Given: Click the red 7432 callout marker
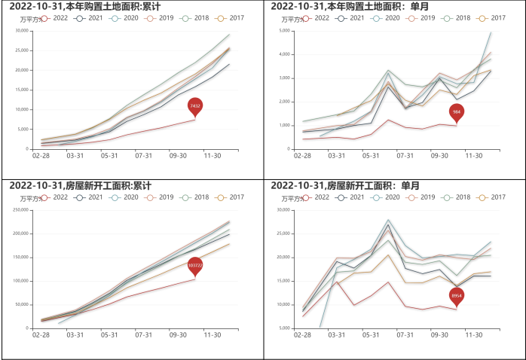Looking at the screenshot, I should pos(195,107).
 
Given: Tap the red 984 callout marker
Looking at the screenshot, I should pos(456,113).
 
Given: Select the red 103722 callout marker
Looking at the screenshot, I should pos(195,266).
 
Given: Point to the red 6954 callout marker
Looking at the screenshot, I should pos(456,296).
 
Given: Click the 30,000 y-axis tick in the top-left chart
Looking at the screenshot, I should pos(22,31).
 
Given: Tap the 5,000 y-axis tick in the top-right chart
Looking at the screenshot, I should pos(285,31).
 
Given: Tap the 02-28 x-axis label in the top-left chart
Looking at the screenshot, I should pos(41,156).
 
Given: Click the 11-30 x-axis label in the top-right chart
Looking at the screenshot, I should pos(473,156).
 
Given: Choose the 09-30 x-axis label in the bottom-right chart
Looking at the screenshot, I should pos(439,335).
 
